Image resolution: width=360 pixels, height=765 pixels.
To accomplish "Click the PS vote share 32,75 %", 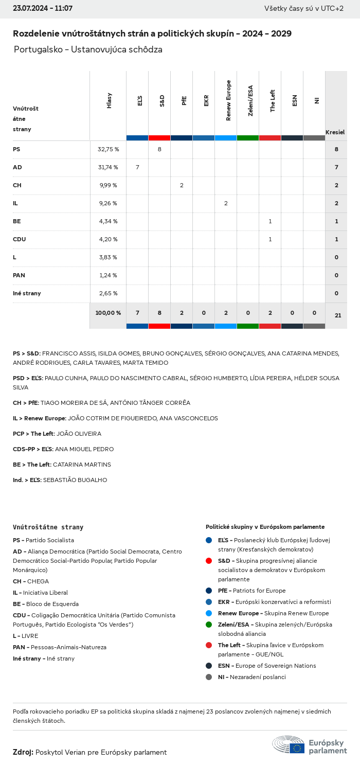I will [x=108, y=149].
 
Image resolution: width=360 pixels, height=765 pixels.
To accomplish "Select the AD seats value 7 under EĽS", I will [x=137, y=167].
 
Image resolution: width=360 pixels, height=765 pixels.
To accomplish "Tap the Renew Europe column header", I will [x=228, y=100].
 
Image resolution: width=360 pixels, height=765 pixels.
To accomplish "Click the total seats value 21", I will [x=338, y=315].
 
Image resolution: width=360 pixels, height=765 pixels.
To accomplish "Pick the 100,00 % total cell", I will [x=108, y=313].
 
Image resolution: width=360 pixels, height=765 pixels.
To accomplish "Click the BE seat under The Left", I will [x=270, y=221].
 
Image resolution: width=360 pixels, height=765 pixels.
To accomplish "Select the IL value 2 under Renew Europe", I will [x=226, y=203].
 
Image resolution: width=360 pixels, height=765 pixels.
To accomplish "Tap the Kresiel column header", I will [x=335, y=132].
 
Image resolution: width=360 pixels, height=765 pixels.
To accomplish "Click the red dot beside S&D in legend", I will [x=209, y=561].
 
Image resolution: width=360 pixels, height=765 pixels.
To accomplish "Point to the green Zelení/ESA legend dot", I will [x=209, y=625].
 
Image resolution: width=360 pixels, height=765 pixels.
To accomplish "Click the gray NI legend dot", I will [x=209, y=677].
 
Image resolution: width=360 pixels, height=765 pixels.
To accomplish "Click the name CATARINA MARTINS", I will [x=82, y=465].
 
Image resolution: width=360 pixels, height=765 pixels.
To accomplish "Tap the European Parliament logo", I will [x=309, y=745].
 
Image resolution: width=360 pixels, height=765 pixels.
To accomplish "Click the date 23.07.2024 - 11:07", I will [x=43, y=8].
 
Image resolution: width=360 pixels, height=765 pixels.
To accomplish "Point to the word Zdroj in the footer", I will [x=23, y=752].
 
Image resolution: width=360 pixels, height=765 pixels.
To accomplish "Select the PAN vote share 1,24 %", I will [x=108, y=275].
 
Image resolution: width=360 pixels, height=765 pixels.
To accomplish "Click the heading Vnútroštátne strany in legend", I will [x=48, y=527].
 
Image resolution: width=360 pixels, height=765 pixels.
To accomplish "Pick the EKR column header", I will [x=206, y=100].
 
